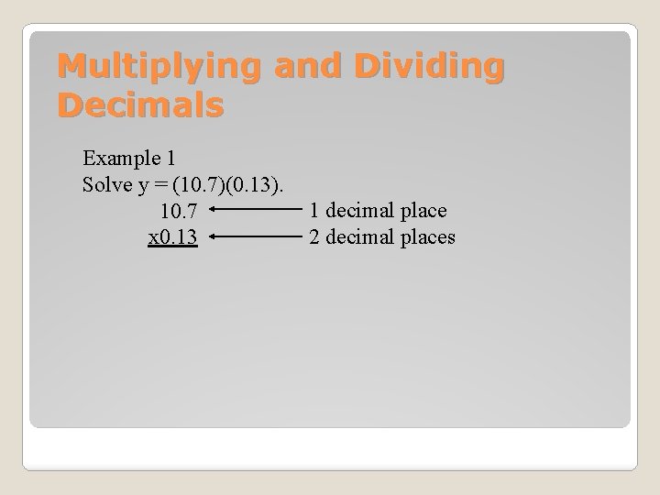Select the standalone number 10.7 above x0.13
tap(178, 212)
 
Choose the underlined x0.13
tap(173, 238)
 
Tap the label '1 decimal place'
tap(378, 211)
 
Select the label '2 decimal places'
tap(382, 238)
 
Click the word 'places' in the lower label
tap(427, 238)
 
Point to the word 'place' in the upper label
tap(423, 211)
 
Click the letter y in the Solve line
tap(144, 185)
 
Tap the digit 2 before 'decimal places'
tap(314, 238)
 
